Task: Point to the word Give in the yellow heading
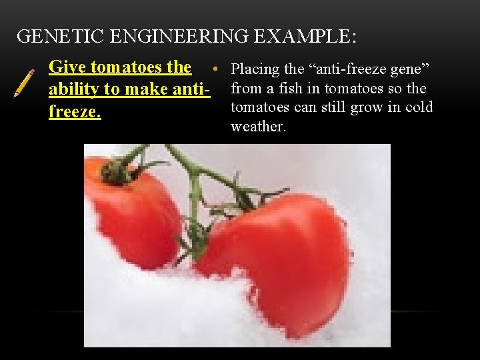point(67,67)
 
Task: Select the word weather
point(257,126)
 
